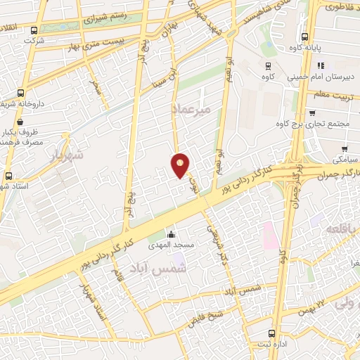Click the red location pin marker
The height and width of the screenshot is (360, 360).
pos(181,165)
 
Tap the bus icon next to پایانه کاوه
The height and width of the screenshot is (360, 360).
pos(304,37)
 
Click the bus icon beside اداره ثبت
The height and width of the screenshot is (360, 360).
pos(271,334)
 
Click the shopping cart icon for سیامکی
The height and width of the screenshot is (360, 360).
pos(345,149)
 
